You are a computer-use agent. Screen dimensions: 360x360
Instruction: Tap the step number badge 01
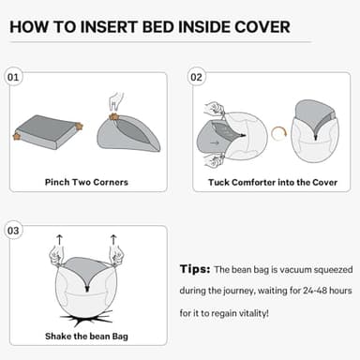coord(13,77)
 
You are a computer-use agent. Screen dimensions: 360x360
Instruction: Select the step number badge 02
coord(196,77)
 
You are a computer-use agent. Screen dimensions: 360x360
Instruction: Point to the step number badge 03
coord(13,230)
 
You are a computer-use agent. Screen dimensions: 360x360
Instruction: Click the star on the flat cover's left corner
coord(18,138)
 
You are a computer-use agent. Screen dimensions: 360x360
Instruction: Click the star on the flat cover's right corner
coord(80,126)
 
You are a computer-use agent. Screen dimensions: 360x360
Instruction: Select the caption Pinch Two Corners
coord(85,182)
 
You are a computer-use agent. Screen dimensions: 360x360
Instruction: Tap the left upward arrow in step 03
coord(60,240)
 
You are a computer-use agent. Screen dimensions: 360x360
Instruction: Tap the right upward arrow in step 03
coord(113,240)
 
